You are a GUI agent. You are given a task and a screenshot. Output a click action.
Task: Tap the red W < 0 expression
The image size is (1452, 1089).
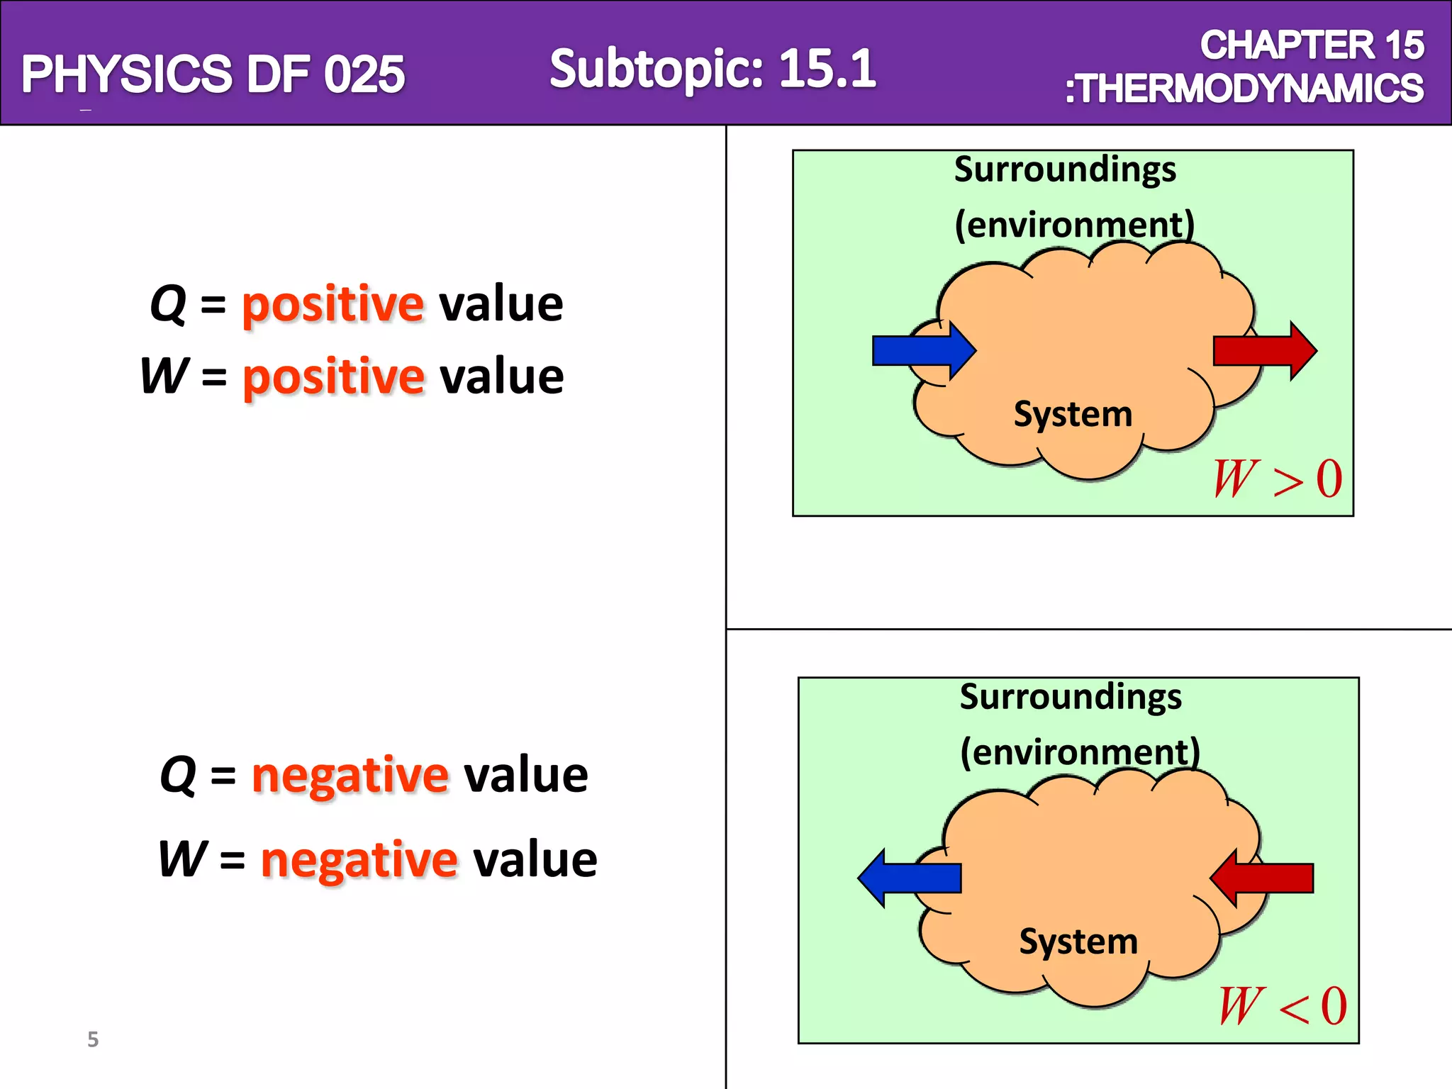pyautogui.click(x=1283, y=1006)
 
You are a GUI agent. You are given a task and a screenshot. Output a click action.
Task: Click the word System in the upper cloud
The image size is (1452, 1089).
pyautogui.click(x=1073, y=414)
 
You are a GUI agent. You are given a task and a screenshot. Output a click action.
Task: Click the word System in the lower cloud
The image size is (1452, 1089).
pyautogui.click(x=1078, y=942)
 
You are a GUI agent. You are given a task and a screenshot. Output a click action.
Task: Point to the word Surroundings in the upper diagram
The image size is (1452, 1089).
pyautogui.click(x=1065, y=170)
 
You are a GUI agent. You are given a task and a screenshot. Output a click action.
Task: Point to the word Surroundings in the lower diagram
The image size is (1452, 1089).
pyautogui.click(x=1071, y=697)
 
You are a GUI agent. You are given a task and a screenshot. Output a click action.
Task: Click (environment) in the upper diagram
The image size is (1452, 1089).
pyautogui.click(x=1075, y=225)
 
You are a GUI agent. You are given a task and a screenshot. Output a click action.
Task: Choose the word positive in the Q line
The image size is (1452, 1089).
pyautogui.click(x=333, y=305)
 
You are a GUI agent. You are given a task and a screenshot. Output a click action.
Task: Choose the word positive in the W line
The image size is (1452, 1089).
pyautogui.click(x=333, y=376)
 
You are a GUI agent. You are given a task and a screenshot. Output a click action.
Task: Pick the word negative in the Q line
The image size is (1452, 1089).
pyautogui.click(x=350, y=775)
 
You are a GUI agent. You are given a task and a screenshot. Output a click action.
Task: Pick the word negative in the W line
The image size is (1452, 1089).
pyautogui.click(x=359, y=859)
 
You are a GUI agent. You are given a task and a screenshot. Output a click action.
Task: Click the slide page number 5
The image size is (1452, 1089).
pyautogui.click(x=93, y=1039)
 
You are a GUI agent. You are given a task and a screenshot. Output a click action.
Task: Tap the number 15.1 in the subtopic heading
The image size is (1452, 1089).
pyautogui.click(x=827, y=69)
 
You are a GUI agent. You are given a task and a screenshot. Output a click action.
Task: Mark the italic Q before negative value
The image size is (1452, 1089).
pyautogui.click(x=178, y=775)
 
